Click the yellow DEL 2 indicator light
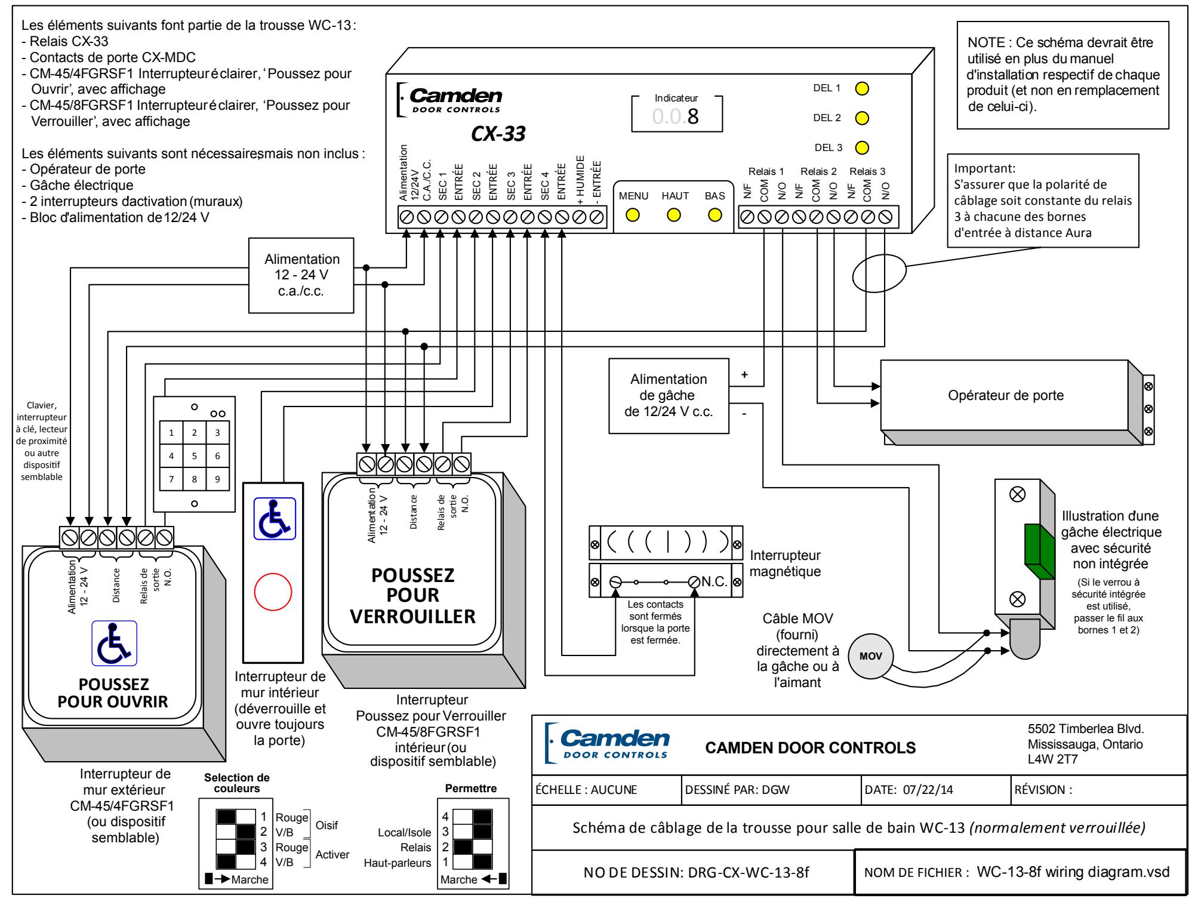click(861, 118)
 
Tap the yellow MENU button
click(633, 215)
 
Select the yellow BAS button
click(714, 215)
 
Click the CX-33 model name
click(498, 134)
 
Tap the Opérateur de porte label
click(1006, 395)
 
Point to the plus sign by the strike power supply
click(744, 374)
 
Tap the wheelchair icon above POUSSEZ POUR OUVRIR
click(114, 642)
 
